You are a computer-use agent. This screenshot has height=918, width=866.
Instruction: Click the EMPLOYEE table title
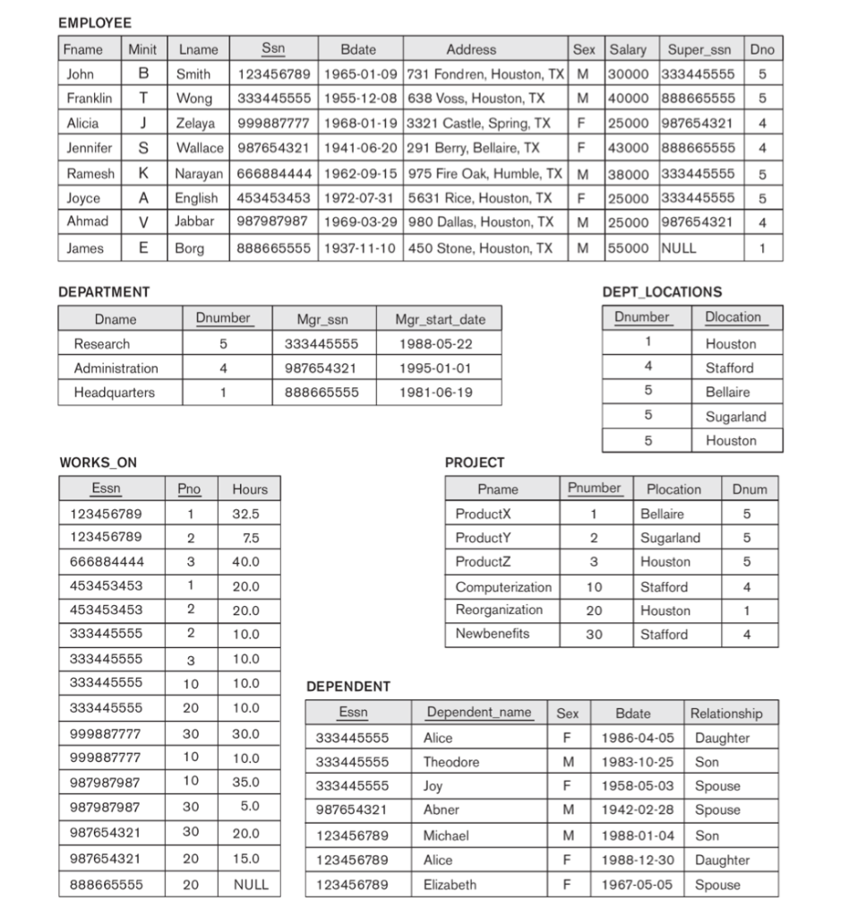coord(94,22)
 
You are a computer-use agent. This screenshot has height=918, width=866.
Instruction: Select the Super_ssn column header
coord(700,49)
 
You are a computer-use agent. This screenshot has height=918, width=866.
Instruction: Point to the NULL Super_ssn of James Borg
coord(678,248)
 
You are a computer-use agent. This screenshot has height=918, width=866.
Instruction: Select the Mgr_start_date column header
coord(441,318)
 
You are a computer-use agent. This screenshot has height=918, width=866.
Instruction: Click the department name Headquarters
coord(114,392)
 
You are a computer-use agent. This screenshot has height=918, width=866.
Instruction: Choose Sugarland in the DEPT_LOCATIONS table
coord(735,416)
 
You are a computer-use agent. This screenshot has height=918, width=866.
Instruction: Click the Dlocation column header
coord(733,317)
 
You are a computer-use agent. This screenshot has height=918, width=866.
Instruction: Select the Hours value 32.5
coord(245,514)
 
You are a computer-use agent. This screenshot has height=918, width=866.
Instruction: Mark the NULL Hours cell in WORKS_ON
coord(251,884)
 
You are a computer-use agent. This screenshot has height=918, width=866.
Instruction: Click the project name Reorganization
coord(499,610)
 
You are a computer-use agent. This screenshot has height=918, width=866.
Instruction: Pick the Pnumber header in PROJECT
coord(594,489)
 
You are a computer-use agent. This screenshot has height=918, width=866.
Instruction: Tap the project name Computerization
coord(503,587)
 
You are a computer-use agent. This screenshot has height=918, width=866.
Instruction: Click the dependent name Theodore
coord(451,762)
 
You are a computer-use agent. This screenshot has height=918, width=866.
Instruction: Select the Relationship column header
coord(726,714)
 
